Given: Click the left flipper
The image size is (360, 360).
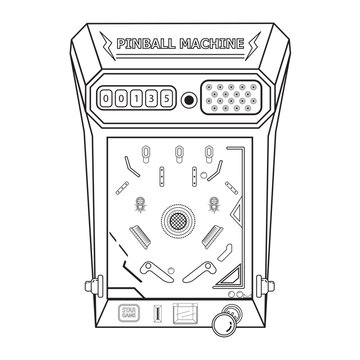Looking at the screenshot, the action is click(154, 269).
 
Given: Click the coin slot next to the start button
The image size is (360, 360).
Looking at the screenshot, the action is click(149, 314).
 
